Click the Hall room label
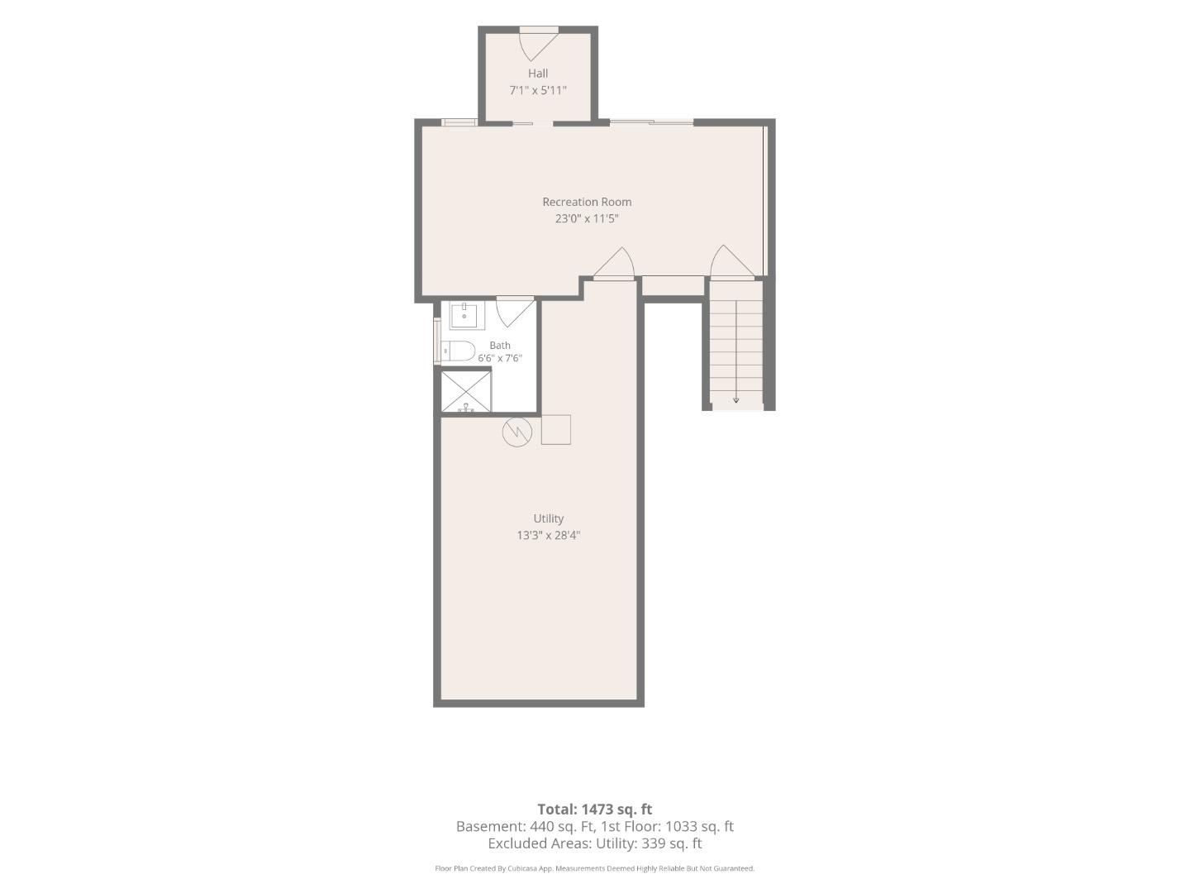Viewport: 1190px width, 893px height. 538,74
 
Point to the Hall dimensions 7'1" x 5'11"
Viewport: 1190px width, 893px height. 538,90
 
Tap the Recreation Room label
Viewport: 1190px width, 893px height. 587,202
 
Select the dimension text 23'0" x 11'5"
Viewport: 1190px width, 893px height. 587,218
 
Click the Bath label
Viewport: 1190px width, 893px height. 500,345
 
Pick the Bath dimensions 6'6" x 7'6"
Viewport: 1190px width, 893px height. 500,358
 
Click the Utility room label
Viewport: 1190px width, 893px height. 549,518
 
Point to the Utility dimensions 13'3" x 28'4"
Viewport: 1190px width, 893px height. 549,535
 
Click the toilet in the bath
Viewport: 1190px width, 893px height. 458,351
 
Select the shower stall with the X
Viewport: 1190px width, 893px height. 466,391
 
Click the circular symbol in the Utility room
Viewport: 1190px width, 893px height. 517,432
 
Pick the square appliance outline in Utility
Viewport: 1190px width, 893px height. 555,430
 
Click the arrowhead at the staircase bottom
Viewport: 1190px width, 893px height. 735,400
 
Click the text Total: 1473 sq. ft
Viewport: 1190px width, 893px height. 595,809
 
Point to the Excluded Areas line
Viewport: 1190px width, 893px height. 595,843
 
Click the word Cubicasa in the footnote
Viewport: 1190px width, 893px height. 522,868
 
